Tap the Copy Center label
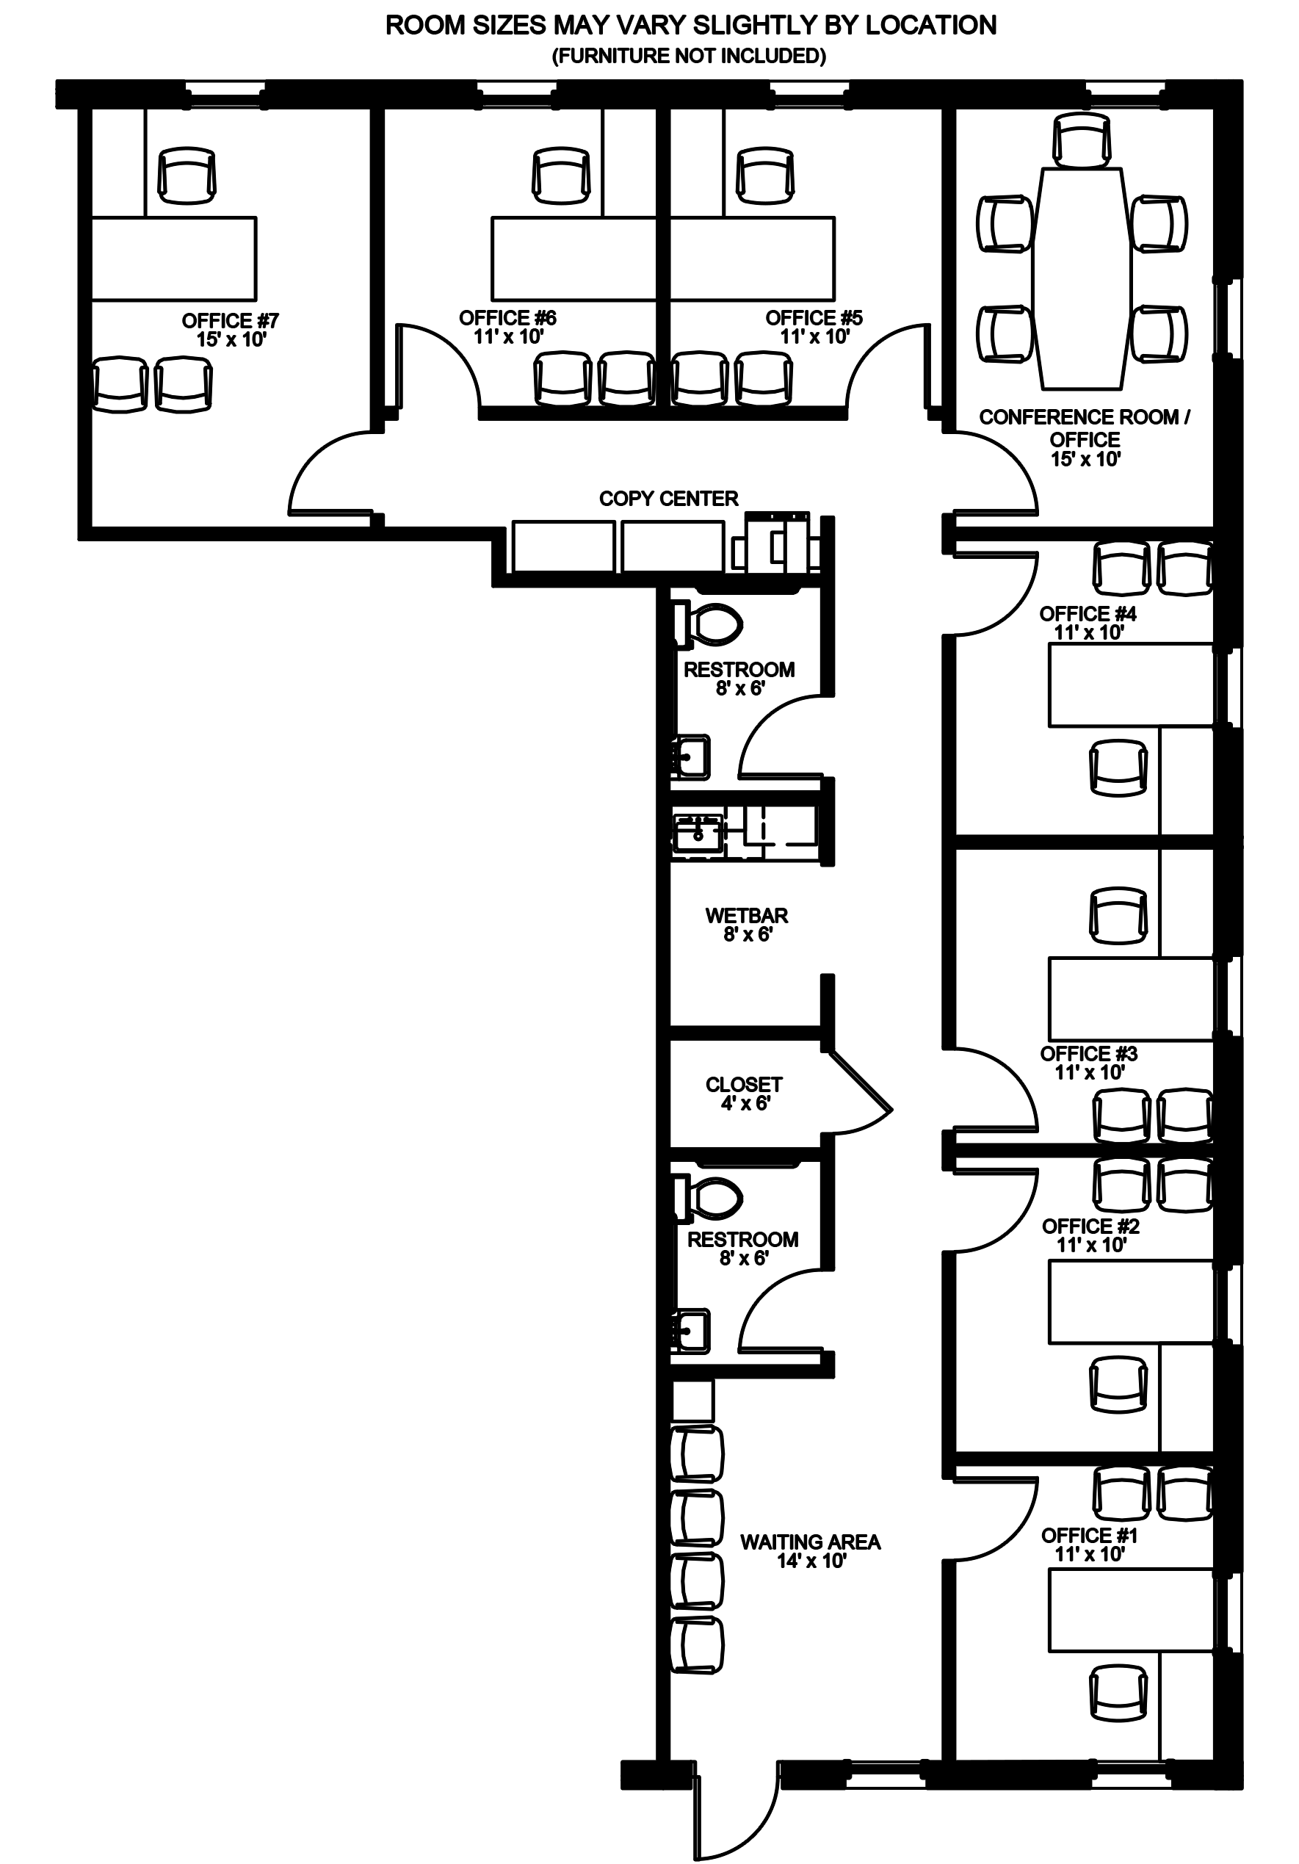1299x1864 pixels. pyautogui.click(x=668, y=499)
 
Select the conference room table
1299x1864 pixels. pyautogui.click(x=1082, y=278)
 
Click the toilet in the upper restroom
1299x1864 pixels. pyautogui.click(x=707, y=625)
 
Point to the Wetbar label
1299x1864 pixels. pyautogui.click(x=747, y=925)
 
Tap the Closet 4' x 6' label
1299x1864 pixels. pyautogui.click(x=744, y=1094)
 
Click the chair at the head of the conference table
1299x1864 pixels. pyautogui.click(x=1082, y=140)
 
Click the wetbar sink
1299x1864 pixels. pyautogui.click(x=698, y=834)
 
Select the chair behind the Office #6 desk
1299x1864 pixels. pyautogui.click(x=562, y=176)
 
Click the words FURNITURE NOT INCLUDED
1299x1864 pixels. pyautogui.click(x=690, y=56)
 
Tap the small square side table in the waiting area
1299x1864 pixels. pyautogui.click(x=692, y=1401)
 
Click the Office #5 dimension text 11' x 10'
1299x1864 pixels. pyautogui.click(x=815, y=336)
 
